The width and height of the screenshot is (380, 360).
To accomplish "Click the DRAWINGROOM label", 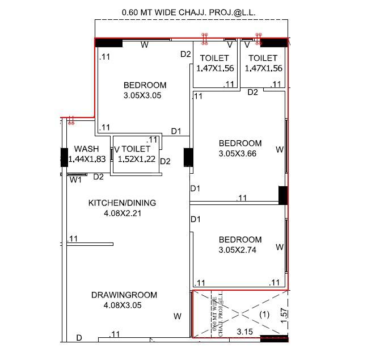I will [124, 295].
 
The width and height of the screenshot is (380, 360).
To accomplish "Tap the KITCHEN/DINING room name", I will [122, 203].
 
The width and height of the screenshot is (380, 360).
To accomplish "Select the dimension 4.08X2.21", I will [122, 214].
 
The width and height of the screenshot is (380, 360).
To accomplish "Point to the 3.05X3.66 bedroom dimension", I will [240, 153].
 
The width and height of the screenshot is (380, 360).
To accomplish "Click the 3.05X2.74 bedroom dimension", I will [240, 249].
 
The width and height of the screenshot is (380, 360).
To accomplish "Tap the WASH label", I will [86, 149].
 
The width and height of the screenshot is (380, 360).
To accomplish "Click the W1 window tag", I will [76, 180].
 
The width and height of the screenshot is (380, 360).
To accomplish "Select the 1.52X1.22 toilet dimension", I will [136, 160].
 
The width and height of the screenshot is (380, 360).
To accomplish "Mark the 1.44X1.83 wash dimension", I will [87, 160].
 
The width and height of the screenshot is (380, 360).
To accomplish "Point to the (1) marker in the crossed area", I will [264, 314].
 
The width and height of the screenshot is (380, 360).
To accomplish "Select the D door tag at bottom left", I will [79, 338].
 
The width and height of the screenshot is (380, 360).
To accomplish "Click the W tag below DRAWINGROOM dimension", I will [178, 316].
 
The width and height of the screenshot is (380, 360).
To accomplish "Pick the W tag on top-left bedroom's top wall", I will [144, 45].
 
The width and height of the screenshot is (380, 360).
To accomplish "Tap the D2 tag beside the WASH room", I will [99, 177].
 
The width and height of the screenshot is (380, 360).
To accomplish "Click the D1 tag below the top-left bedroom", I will [176, 131].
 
